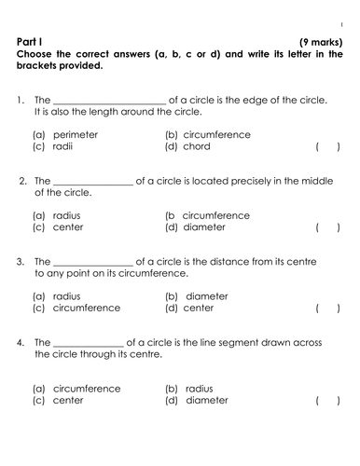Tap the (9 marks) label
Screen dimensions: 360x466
[320, 42]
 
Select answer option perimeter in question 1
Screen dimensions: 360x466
[64, 134]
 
